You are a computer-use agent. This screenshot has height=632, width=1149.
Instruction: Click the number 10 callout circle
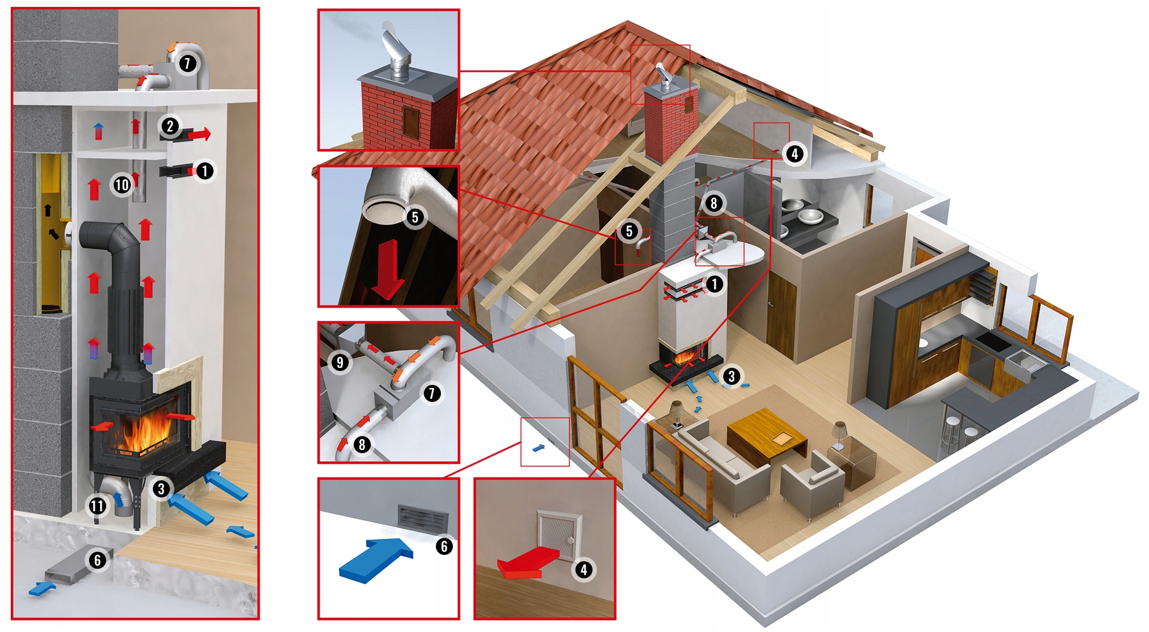tap(121, 185)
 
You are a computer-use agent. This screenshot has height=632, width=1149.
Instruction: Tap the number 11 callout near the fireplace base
tap(97, 506)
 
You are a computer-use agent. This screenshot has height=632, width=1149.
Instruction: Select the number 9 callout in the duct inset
tap(340, 362)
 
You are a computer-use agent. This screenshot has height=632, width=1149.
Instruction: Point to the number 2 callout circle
tap(170, 126)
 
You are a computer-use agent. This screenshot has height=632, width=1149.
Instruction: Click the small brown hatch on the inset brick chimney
tap(411, 122)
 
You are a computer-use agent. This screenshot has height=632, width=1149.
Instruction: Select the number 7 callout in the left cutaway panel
tap(187, 63)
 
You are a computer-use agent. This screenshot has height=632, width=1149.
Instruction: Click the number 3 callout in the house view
tap(731, 377)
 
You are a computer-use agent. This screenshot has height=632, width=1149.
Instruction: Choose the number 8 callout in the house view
tap(714, 203)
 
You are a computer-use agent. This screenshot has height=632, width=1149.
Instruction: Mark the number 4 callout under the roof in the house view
tap(795, 153)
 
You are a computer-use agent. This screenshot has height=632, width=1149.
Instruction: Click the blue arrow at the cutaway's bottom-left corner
tap(42, 589)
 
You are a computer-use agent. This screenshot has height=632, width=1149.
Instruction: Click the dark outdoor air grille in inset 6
tap(423, 518)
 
